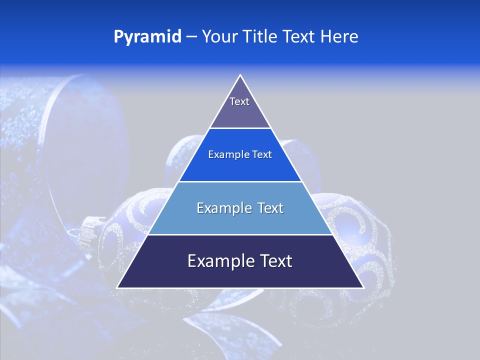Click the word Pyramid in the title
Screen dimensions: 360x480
[x=147, y=37]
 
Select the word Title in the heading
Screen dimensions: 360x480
[x=259, y=37]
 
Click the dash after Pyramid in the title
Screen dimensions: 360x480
[x=191, y=37]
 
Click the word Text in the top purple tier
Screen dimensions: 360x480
[x=239, y=101]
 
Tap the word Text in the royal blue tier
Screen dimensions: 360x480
[x=262, y=155]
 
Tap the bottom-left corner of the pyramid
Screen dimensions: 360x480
[x=118, y=287]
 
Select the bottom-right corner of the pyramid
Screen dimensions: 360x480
[x=362, y=287]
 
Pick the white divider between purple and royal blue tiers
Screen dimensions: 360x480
[x=240, y=128]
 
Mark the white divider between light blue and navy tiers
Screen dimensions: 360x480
[x=240, y=234]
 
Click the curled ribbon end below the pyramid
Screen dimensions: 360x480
[x=240, y=325]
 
